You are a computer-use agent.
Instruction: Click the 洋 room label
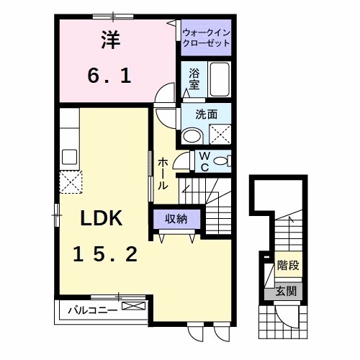[109, 41]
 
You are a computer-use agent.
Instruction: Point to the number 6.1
[109, 74]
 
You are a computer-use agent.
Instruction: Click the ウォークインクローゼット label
[206, 37]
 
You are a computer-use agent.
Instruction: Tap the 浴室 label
[194, 78]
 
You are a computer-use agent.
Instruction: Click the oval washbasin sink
[193, 135]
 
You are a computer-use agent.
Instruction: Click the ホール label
[163, 174]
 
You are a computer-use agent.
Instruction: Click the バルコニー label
[89, 311]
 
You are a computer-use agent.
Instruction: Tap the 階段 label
[288, 266]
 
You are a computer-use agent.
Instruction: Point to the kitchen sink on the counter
[71, 156]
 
